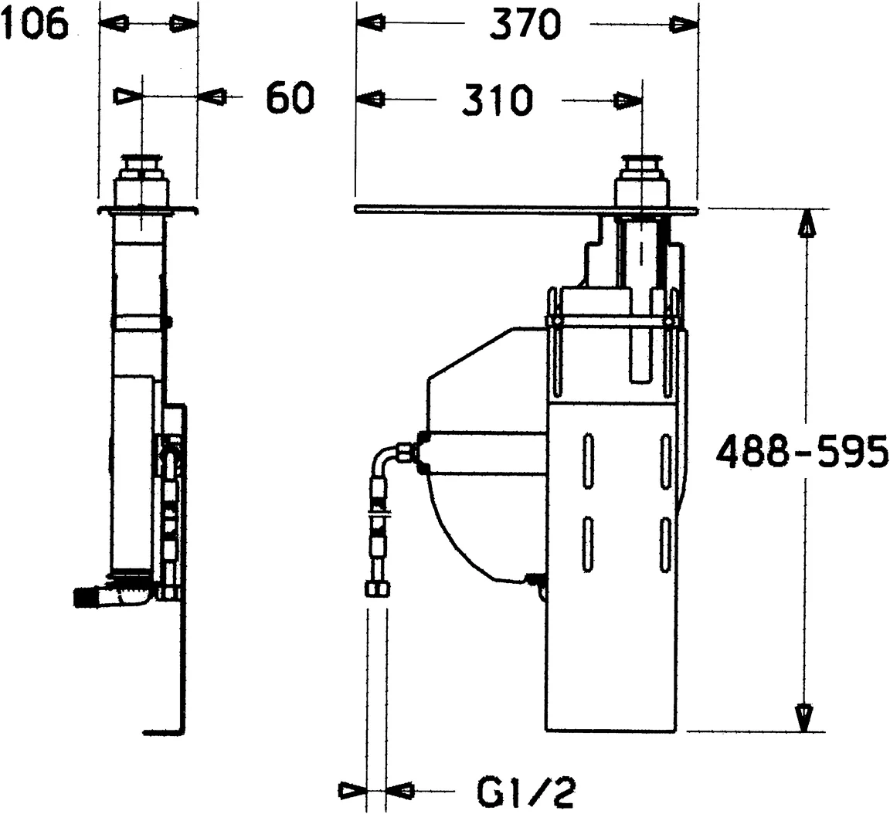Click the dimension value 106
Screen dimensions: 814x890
pyautogui.click(x=34, y=25)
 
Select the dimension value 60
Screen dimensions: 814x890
pyautogui.click(x=291, y=98)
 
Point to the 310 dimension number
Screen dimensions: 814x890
pyautogui.click(x=497, y=100)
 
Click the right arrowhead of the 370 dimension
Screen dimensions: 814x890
pyautogui.click(x=683, y=24)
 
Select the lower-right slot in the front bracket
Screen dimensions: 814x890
pyautogui.click(x=664, y=545)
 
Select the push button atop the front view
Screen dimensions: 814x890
pyautogui.click(x=641, y=166)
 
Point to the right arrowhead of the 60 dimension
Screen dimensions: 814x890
pyautogui.click(x=212, y=97)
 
